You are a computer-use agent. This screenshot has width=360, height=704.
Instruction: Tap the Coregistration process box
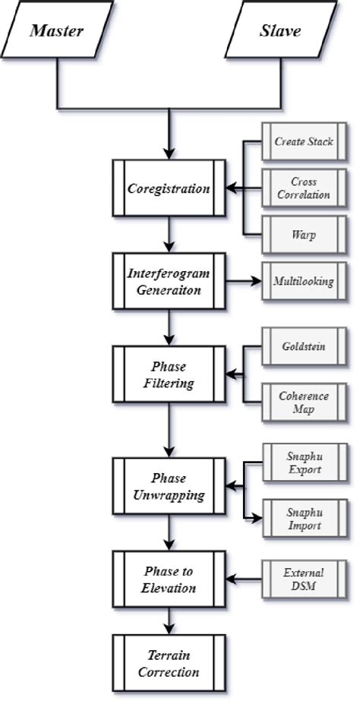pyautogui.click(x=168, y=189)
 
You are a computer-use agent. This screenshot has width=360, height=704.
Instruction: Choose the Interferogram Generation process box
pyautogui.click(x=168, y=282)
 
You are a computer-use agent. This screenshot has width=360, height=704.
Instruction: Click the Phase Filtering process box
pyautogui.click(x=168, y=374)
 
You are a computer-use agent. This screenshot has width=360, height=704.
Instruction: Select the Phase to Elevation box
pyautogui.click(x=168, y=579)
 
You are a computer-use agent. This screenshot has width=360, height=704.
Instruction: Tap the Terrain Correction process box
pyautogui.click(x=168, y=661)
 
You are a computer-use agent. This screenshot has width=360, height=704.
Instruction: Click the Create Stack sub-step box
pyautogui.click(x=303, y=142)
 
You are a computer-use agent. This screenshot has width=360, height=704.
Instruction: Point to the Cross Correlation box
pyautogui.click(x=303, y=188)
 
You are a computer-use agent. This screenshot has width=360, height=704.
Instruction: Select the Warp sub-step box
pyautogui.click(x=303, y=235)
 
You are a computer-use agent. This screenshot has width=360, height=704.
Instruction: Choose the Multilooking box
pyautogui.click(x=303, y=282)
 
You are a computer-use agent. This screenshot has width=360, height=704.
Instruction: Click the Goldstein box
pyautogui.click(x=303, y=348)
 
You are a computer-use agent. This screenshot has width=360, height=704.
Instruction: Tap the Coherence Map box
pyautogui.click(x=303, y=402)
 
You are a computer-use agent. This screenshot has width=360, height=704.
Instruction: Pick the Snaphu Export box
pyautogui.click(x=303, y=463)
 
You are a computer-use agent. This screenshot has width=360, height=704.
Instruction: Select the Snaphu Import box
pyautogui.click(x=303, y=519)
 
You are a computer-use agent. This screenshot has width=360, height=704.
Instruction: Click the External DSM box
pyautogui.click(x=303, y=579)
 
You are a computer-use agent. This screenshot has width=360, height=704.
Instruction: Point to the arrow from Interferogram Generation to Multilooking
pyautogui.click(x=242, y=282)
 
